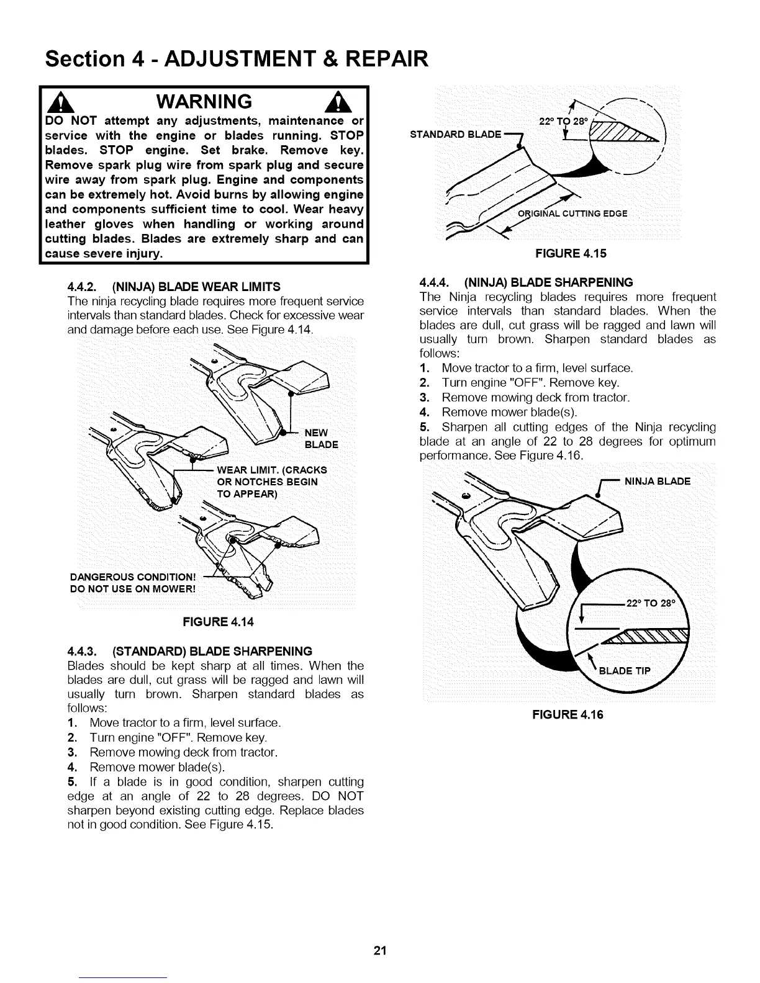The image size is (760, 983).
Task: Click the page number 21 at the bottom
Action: [x=380, y=951]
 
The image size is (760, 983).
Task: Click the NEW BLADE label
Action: [x=321, y=439]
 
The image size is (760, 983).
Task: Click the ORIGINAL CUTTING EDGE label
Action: [x=572, y=214]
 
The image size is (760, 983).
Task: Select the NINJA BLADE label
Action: [x=657, y=481]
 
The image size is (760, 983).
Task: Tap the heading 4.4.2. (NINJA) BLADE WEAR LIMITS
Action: [x=173, y=286]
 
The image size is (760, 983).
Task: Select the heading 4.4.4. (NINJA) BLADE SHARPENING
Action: [x=527, y=282]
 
